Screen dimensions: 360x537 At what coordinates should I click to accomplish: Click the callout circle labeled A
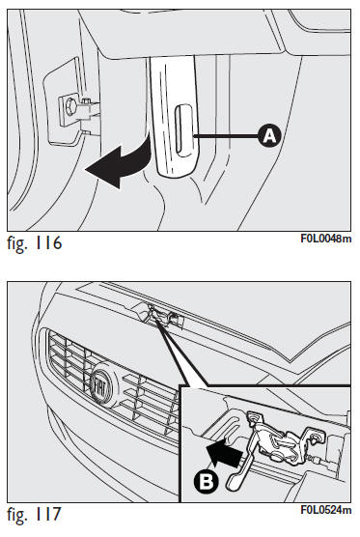[269, 136]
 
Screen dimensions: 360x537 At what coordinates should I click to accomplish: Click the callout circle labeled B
[206, 482]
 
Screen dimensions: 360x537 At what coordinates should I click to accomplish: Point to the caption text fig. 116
[34, 243]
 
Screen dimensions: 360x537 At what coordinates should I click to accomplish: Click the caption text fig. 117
[34, 515]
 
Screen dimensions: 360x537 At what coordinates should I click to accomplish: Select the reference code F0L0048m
[326, 239]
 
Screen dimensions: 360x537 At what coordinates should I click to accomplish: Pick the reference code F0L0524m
[326, 510]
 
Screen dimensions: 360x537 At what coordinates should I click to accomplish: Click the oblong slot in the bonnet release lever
[183, 130]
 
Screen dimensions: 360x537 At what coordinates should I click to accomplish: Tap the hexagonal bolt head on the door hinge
[71, 107]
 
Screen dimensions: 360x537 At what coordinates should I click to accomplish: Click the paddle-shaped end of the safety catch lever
[235, 481]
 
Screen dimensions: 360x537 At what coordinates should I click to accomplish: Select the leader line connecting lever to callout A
[226, 136]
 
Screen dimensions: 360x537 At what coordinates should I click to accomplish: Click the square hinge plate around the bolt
[70, 109]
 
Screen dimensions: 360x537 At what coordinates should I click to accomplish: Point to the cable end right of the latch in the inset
[327, 462]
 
